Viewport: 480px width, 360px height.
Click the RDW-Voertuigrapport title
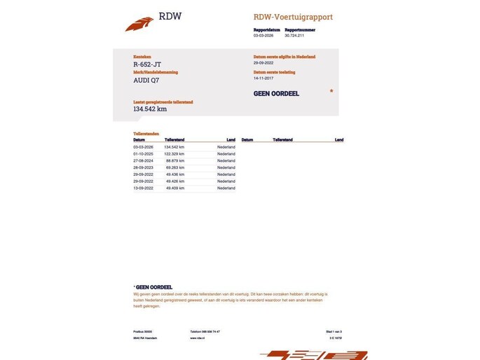click(x=293, y=17)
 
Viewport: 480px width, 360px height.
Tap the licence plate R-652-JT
click(x=147, y=64)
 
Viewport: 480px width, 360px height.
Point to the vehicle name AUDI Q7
click(x=146, y=80)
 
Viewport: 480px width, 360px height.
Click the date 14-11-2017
click(x=266, y=78)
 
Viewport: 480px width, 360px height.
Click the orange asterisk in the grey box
click(x=331, y=92)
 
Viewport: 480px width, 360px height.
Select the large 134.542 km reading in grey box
click(x=150, y=109)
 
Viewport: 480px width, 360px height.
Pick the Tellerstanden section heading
click(x=146, y=133)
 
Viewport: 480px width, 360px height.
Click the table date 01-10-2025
click(x=144, y=154)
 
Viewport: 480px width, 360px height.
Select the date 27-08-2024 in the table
click(x=144, y=161)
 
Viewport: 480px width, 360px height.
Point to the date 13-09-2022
click(x=144, y=188)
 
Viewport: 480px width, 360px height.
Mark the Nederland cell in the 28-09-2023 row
click(x=226, y=168)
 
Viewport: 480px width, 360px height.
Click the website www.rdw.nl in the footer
click(x=197, y=338)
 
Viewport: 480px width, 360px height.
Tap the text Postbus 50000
click(x=142, y=331)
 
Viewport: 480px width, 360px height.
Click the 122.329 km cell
click(x=174, y=154)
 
